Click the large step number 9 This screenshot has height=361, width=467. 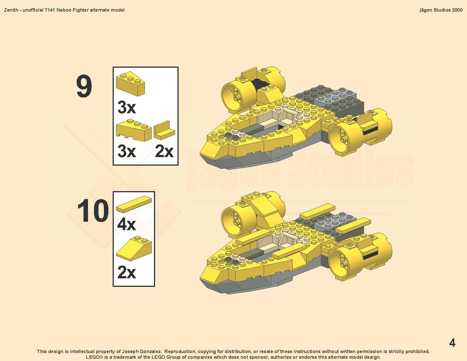click(x=84, y=86)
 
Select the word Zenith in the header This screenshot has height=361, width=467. click(x=11, y=10)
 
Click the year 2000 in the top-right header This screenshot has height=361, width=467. click(x=457, y=10)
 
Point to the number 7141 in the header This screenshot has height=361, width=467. click(x=50, y=10)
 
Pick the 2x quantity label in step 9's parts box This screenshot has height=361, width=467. click(x=164, y=151)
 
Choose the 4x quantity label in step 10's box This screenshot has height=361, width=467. click(x=127, y=225)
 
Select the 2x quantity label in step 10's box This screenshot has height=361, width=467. click(x=127, y=272)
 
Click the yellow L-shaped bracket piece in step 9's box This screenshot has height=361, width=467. click(x=164, y=131)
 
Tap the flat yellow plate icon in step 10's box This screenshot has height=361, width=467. click(x=134, y=204)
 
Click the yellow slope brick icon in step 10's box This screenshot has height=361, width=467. click(x=134, y=249)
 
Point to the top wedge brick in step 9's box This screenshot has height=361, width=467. click(x=130, y=84)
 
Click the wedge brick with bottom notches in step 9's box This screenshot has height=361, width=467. click(x=134, y=130)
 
